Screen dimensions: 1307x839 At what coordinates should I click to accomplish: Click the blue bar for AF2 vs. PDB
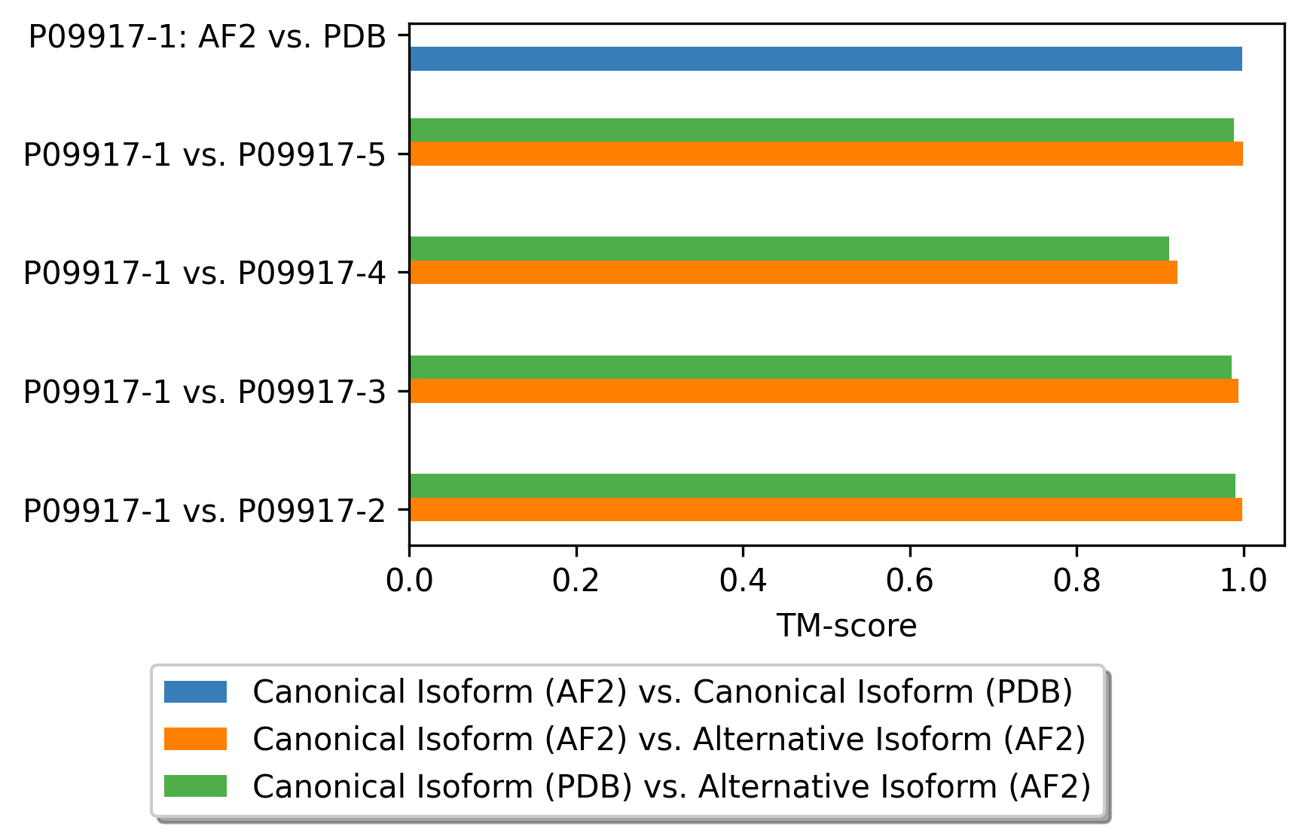point(826,59)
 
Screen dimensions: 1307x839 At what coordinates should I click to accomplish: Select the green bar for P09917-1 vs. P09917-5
point(822,130)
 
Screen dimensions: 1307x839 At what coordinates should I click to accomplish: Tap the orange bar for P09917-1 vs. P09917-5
point(826,154)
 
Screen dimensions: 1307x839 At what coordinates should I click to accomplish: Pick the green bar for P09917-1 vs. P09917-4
point(789,249)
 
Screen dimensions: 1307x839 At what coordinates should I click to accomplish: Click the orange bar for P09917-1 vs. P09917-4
point(793,272)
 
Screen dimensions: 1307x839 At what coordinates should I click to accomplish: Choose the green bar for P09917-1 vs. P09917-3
point(820,368)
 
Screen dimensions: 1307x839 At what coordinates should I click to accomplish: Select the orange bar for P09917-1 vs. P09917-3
point(824,391)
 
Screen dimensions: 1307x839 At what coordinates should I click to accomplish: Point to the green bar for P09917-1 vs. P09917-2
point(823,486)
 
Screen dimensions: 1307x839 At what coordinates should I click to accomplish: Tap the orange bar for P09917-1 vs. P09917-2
point(826,509)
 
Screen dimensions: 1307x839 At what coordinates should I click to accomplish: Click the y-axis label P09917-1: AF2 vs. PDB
point(207,36)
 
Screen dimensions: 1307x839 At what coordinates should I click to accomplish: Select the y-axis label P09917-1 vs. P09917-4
point(205,273)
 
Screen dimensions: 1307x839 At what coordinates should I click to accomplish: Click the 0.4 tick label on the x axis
point(743,580)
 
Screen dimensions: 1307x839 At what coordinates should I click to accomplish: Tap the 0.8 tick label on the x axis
point(1076,580)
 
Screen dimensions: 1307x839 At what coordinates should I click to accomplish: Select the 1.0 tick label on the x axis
point(1244,580)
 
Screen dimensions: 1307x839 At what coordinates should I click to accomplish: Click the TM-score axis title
point(847,626)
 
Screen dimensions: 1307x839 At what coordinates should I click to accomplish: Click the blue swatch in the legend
point(195,691)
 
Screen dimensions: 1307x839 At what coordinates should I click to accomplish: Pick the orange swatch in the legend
point(195,739)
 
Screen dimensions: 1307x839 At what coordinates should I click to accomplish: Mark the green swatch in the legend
point(195,786)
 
